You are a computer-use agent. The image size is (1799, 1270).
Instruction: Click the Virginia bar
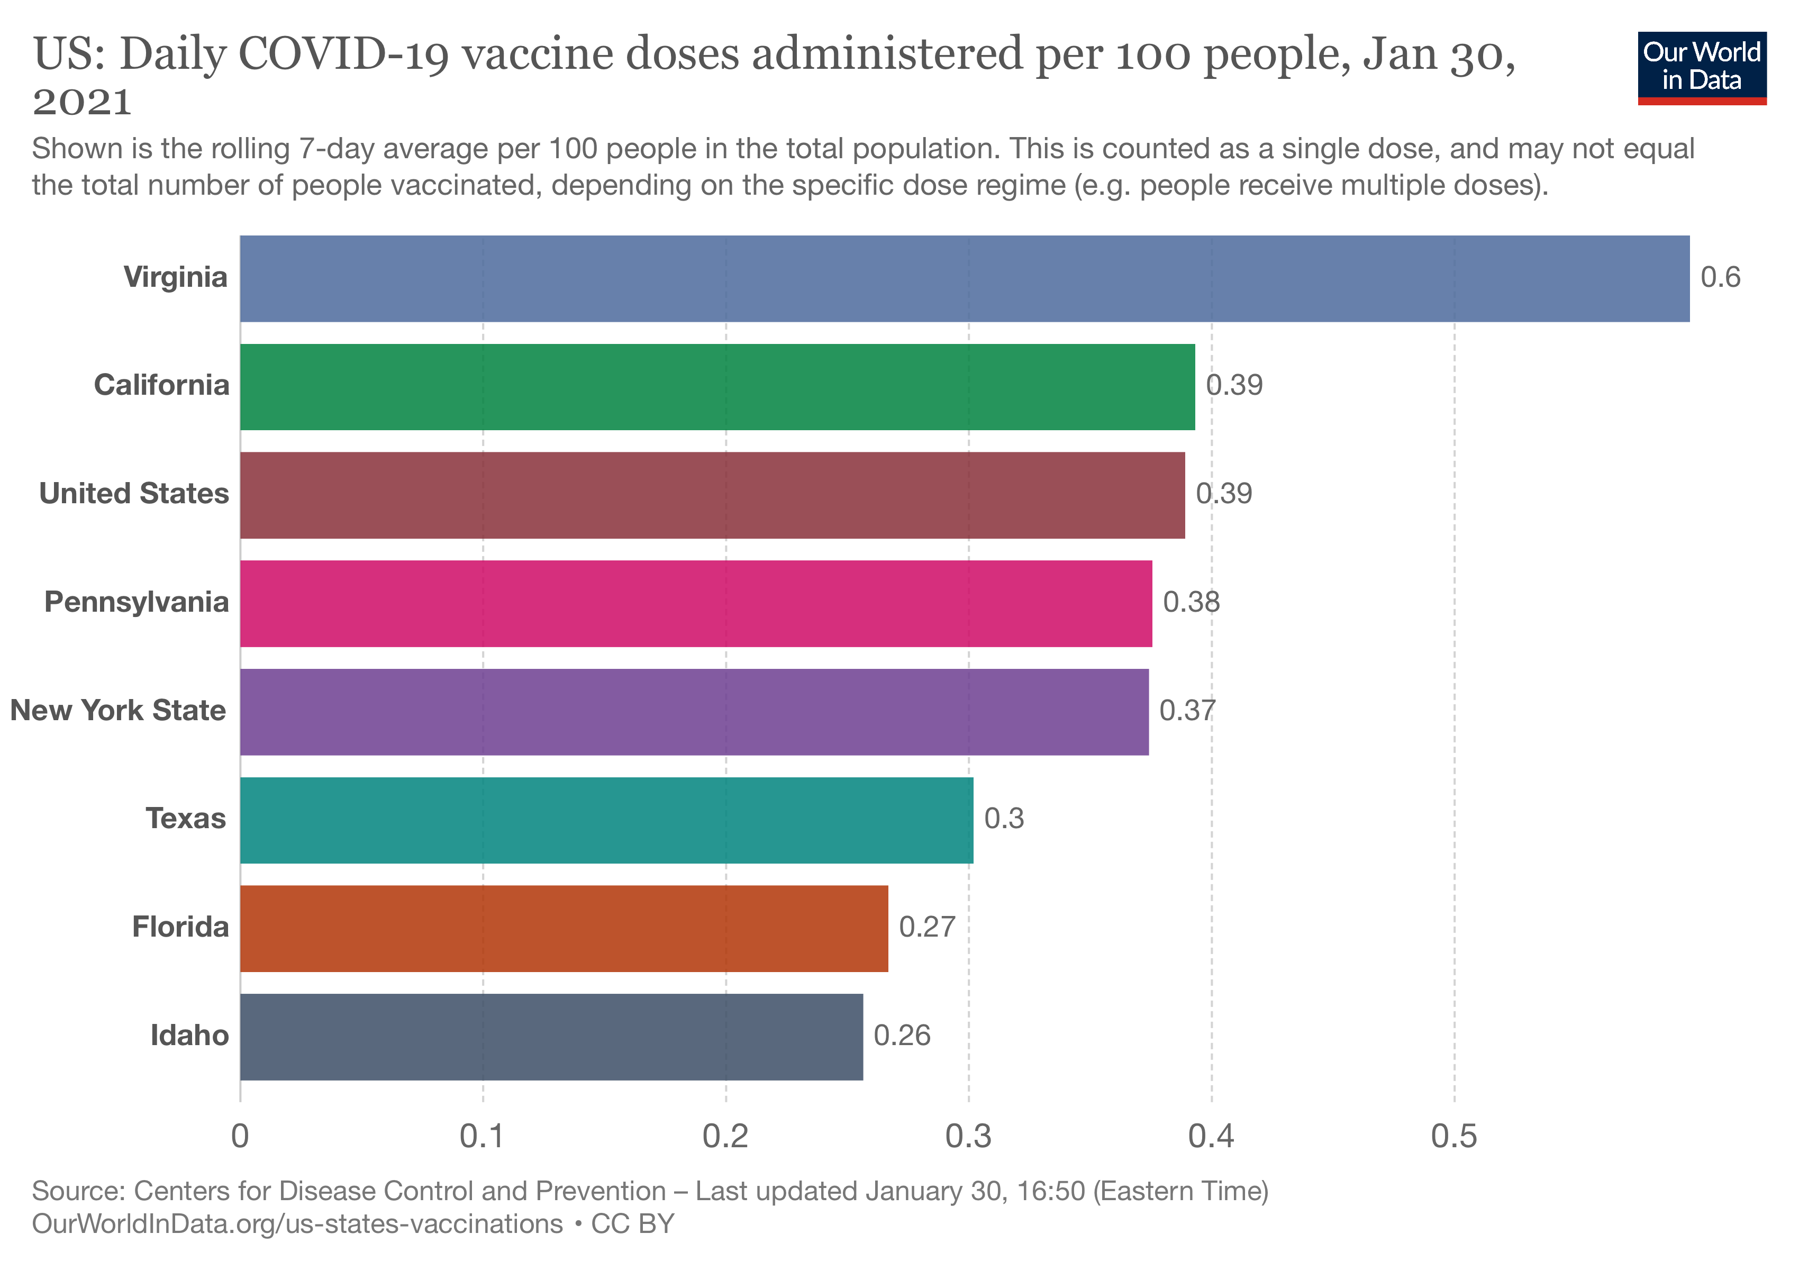coord(964,278)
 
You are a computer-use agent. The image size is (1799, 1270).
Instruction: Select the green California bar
coord(717,386)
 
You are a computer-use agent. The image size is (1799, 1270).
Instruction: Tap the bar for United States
coord(712,495)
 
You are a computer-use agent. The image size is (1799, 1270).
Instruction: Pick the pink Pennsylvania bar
coord(696,603)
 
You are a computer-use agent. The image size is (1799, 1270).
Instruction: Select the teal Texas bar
coord(606,820)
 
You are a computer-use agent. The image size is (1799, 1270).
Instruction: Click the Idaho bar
coord(551,1037)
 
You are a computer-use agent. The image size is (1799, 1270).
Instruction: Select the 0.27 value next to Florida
coord(927,927)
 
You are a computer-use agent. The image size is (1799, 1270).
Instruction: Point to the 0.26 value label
coord(902,1036)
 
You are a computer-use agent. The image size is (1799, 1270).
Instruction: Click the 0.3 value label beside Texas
coord(1004,819)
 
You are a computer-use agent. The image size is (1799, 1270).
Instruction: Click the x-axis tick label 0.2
coord(725,1137)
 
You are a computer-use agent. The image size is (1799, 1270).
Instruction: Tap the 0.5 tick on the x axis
coord(1454,1137)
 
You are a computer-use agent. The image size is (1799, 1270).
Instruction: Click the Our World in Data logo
coord(1702,67)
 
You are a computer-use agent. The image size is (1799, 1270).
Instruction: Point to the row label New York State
coord(119,711)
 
